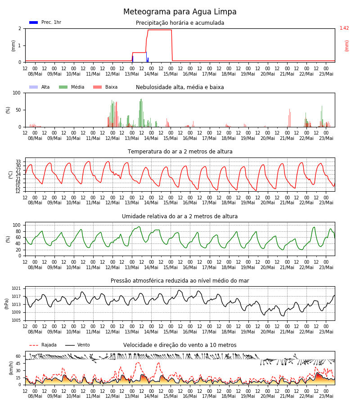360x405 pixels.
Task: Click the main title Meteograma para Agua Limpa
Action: (x=180, y=12)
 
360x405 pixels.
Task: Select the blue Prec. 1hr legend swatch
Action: (x=34, y=22)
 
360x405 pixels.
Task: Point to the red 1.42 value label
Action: (x=344, y=28)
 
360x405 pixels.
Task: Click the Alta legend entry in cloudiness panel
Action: (x=39, y=87)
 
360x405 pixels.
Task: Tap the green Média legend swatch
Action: (x=63, y=87)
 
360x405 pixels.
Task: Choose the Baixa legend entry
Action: (x=105, y=87)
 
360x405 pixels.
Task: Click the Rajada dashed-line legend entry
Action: (x=43, y=345)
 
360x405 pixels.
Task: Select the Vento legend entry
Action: (x=77, y=345)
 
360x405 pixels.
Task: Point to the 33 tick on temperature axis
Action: (x=18, y=162)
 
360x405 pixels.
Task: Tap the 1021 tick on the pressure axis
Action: (x=16, y=288)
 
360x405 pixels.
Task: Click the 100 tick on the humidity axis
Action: (x=17, y=225)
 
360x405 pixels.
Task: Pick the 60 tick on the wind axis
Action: (x=18, y=356)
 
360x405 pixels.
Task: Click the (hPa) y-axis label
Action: (x=6, y=304)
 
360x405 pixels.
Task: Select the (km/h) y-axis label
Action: (x=11, y=368)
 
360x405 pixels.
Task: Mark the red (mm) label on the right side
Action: (x=346, y=46)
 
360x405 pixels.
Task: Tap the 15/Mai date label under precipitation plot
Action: (x=171, y=74)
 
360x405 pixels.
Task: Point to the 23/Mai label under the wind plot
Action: (x=326, y=396)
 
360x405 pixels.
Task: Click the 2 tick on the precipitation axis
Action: (x=20, y=29)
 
